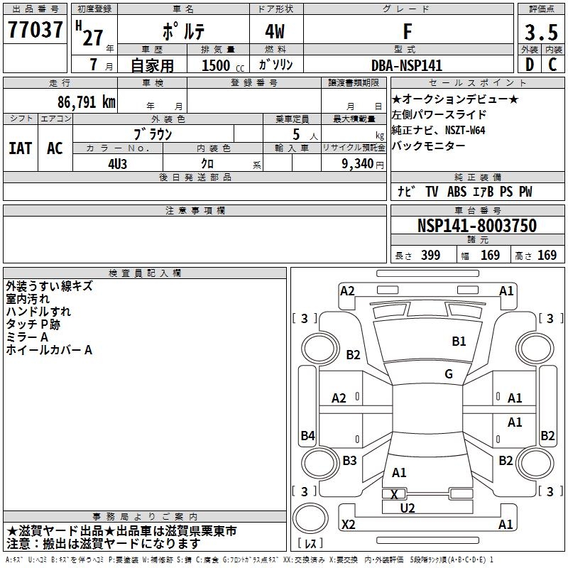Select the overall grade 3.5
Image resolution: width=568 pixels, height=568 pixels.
(x=540, y=33)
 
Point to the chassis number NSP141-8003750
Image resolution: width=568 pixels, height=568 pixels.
(x=477, y=226)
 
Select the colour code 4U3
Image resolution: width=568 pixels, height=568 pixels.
(x=118, y=163)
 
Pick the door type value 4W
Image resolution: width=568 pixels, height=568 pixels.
(x=276, y=33)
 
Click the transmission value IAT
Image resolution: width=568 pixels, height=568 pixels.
(x=20, y=148)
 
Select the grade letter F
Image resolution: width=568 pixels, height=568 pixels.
(x=407, y=33)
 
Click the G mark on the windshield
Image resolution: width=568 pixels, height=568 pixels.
(x=449, y=374)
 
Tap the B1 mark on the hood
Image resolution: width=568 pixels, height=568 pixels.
(x=459, y=342)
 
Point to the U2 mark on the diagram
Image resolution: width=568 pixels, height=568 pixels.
(x=408, y=508)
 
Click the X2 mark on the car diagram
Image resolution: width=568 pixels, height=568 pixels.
(x=348, y=525)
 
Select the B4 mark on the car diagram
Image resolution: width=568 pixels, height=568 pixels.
(x=307, y=436)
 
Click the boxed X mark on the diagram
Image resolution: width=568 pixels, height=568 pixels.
(x=395, y=494)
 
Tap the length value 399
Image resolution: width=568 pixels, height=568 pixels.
(x=430, y=256)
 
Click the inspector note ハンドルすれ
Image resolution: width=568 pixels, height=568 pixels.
(x=38, y=312)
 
